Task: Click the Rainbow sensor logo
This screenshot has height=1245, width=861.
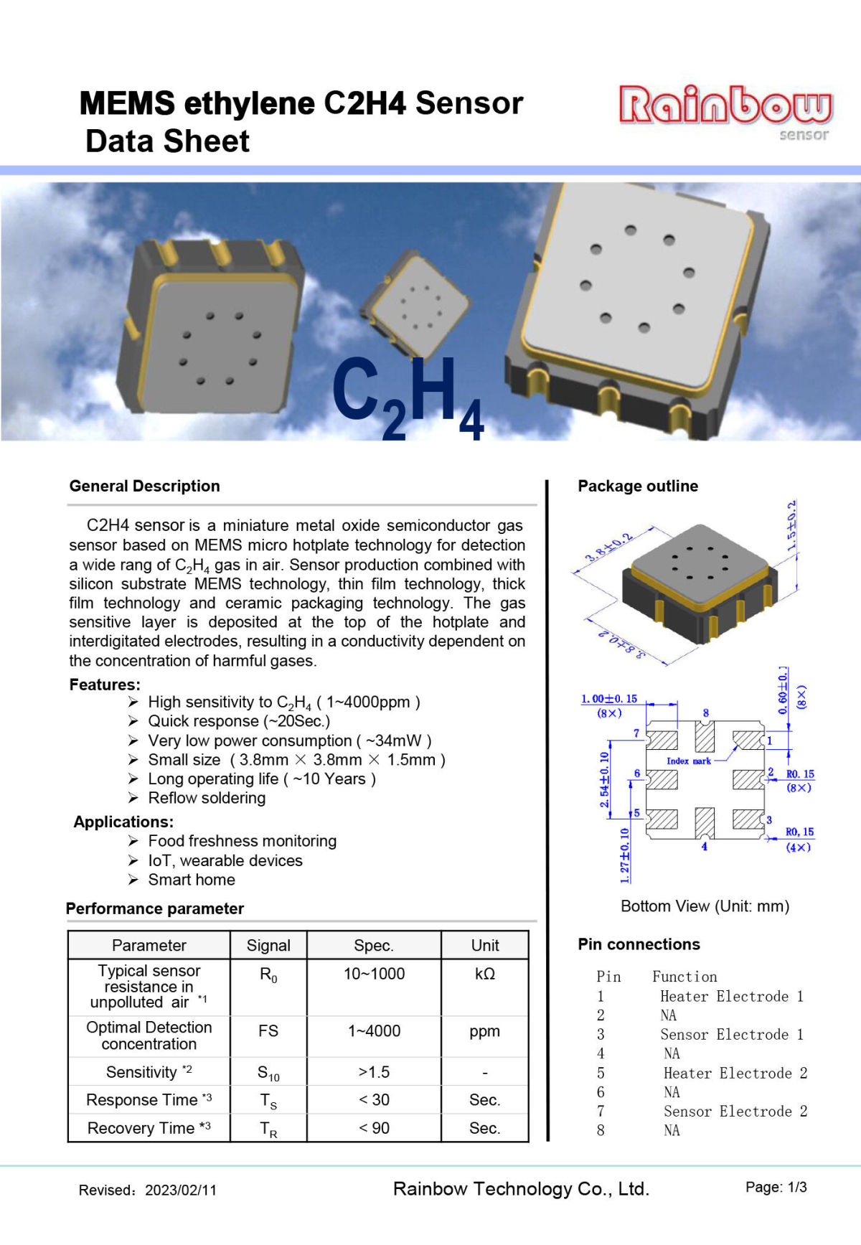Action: (x=725, y=111)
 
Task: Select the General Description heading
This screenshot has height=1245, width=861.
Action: (x=144, y=486)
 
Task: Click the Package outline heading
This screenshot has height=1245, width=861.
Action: (x=638, y=486)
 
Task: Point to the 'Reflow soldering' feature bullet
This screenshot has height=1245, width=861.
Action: (x=207, y=798)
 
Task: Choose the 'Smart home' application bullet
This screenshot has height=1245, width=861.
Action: (x=192, y=880)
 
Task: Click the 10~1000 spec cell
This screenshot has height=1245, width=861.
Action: (x=374, y=974)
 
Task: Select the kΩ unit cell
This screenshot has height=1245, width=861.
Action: (x=485, y=974)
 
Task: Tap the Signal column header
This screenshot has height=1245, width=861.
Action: (x=268, y=945)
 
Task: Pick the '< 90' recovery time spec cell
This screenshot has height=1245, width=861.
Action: (x=374, y=1128)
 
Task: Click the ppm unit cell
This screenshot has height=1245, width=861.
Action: (x=485, y=1031)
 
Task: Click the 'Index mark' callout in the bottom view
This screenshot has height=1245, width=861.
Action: (x=688, y=761)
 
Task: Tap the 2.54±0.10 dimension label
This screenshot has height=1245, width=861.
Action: (x=605, y=779)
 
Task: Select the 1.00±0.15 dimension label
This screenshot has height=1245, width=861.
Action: (x=609, y=699)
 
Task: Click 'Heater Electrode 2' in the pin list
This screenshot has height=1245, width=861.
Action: (x=735, y=1073)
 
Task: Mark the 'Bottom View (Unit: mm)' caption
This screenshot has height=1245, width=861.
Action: (x=705, y=906)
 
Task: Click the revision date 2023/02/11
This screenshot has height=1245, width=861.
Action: (x=181, y=1190)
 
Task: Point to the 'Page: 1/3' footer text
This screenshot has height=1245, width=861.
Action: (x=776, y=1188)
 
